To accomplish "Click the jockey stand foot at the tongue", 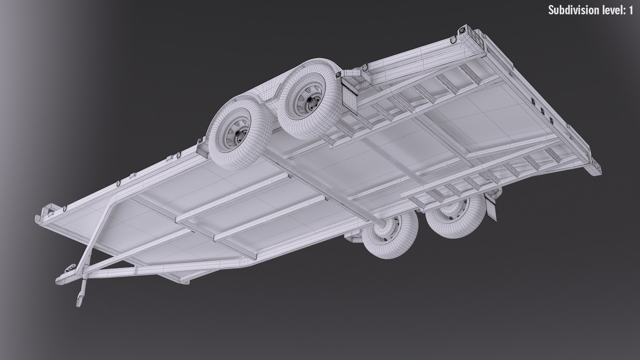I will point(79,302).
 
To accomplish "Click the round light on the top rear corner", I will point(462,31).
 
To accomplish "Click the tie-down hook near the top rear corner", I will point(452,40).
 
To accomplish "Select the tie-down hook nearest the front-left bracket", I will point(63,208).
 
